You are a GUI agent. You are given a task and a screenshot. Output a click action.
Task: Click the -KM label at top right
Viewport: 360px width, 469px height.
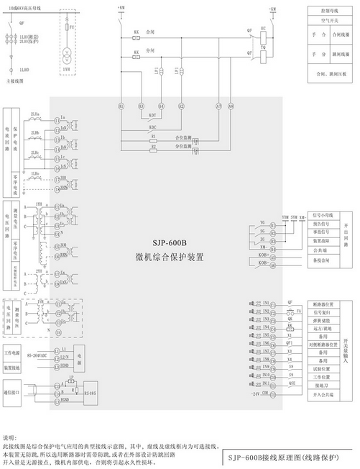(x=272, y=7)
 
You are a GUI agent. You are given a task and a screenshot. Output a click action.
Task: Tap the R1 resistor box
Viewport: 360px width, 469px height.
(x=153, y=135)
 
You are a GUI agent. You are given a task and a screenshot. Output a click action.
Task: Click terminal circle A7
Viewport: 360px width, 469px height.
(x=218, y=106)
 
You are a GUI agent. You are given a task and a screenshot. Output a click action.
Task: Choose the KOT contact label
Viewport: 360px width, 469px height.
(x=152, y=115)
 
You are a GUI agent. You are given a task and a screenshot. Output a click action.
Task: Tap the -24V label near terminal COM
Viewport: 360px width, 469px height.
(x=254, y=394)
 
